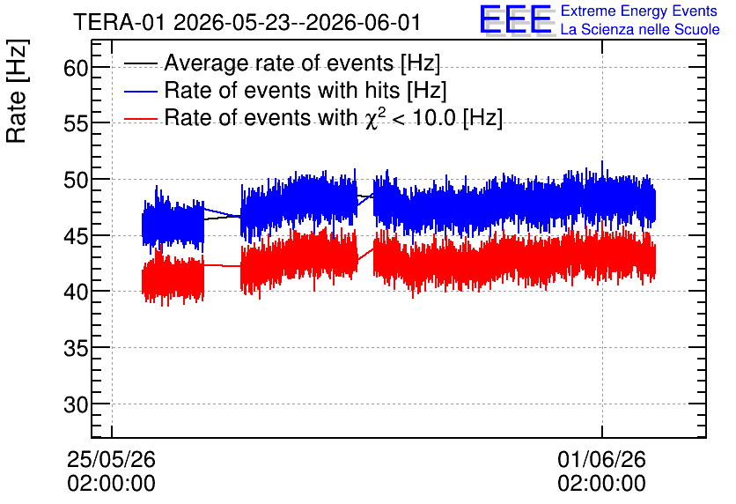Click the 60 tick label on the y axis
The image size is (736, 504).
click(x=76, y=68)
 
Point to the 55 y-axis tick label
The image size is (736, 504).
click(x=76, y=124)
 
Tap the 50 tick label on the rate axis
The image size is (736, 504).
click(x=76, y=180)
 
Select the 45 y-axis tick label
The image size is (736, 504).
click(x=76, y=236)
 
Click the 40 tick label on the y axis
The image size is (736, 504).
click(x=76, y=293)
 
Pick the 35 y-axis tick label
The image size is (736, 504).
click(x=76, y=348)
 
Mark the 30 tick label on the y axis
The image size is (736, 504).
click(x=76, y=404)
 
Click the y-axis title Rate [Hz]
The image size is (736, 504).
click(x=17, y=91)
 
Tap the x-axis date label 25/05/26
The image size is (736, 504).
click(x=111, y=459)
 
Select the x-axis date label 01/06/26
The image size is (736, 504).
click(x=602, y=459)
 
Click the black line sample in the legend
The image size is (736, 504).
click(x=140, y=63)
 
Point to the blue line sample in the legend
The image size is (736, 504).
click(x=140, y=91)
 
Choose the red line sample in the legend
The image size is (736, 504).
click(x=140, y=118)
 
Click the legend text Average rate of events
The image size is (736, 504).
click(x=279, y=63)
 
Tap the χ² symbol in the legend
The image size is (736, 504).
click(x=376, y=119)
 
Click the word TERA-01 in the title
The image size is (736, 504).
click(x=120, y=22)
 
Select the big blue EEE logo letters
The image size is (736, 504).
click(x=516, y=19)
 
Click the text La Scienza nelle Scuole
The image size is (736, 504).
click(x=640, y=30)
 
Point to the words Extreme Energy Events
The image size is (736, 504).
click(x=639, y=11)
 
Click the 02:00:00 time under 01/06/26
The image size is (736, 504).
click(x=602, y=484)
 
